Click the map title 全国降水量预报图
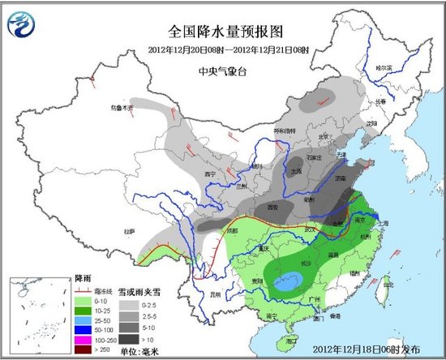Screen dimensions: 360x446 225,32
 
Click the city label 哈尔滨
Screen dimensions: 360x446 392,67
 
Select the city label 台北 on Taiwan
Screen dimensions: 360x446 386,285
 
